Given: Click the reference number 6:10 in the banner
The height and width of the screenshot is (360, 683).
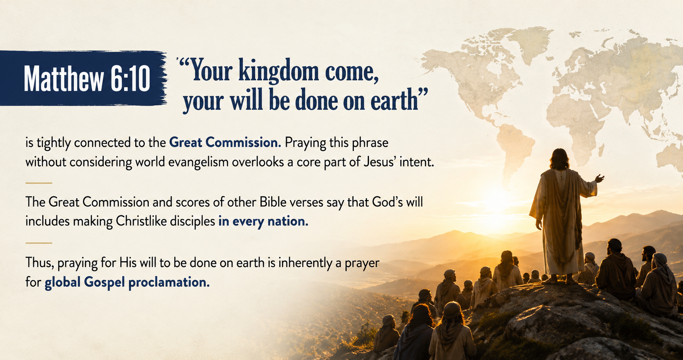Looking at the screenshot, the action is [x=130, y=78].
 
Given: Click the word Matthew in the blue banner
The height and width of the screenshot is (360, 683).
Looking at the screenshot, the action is [x=63, y=78].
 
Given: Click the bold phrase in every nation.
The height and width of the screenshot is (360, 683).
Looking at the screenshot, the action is [x=263, y=221].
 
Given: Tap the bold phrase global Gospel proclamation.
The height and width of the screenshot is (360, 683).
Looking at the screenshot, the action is [x=127, y=282].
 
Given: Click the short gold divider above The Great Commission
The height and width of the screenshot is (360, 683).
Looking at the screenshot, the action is [x=39, y=183].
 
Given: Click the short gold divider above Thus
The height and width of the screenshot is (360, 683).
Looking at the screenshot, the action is [x=39, y=243].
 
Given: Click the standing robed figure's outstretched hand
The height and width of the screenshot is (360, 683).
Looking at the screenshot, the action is [x=600, y=178].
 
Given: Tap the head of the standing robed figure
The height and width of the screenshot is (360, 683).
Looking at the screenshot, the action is [x=559, y=158].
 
